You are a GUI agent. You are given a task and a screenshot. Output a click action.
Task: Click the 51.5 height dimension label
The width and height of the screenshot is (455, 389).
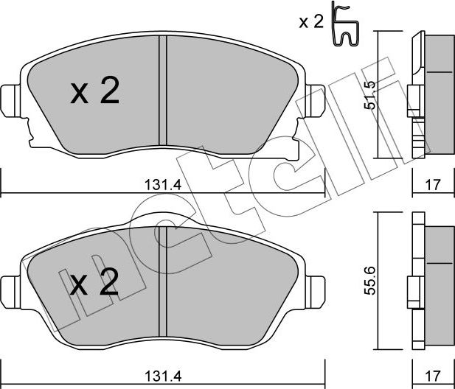[x=369, y=95]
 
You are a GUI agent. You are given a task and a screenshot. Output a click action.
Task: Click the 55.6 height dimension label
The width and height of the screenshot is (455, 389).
[x=370, y=281]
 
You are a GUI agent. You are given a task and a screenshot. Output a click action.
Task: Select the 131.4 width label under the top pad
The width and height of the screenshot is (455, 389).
[x=163, y=185]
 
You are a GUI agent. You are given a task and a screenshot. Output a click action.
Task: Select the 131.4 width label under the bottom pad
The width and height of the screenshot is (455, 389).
[x=163, y=376]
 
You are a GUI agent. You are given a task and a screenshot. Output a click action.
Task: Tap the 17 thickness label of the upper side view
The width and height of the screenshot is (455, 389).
[x=433, y=185]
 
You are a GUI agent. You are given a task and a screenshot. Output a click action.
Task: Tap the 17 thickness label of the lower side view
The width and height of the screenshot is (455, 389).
[x=433, y=376]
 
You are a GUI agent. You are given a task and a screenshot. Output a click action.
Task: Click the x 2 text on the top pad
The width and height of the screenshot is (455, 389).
[x=95, y=91]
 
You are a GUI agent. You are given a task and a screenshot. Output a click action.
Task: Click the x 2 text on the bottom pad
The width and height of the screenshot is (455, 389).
[x=94, y=281]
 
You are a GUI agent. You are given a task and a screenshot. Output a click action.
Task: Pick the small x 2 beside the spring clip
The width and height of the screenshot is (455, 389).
[x=311, y=22]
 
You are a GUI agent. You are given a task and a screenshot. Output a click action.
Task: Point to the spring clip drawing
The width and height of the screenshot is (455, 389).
[x=345, y=24]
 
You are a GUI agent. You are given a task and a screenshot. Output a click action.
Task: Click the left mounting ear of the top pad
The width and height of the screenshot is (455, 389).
[x=10, y=101]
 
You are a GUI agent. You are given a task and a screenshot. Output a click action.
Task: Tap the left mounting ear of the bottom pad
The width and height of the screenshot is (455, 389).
[x=10, y=292]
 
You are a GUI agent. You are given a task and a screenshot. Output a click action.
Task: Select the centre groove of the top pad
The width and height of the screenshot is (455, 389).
[x=163, y=91]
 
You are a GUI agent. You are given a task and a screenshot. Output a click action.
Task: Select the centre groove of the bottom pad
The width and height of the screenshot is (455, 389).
[x=163, y=281]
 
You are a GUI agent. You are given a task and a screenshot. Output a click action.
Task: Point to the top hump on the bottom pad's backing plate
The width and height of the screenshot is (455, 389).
[x=162, y=219]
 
